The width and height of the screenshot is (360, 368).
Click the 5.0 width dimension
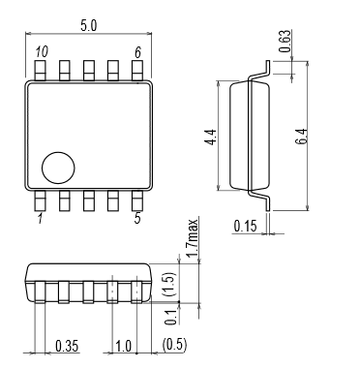click(x=89, y=26)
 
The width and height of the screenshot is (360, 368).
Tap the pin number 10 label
click(x=42, y=51)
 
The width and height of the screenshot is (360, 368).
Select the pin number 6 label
click(x=137, y=52)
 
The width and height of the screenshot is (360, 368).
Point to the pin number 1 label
click(x=40, y=219)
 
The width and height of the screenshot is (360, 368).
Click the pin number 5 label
click(x=137, y=219)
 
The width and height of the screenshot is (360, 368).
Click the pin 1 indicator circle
click(x=58, y=168)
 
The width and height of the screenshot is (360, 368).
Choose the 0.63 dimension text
click(x=285, y=42)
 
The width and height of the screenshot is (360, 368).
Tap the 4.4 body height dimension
click(x=211, y=137)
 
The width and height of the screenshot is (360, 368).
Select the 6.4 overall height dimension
click(x=301, y=137)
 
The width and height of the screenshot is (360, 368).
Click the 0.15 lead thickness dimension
click(x=246, y=227)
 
